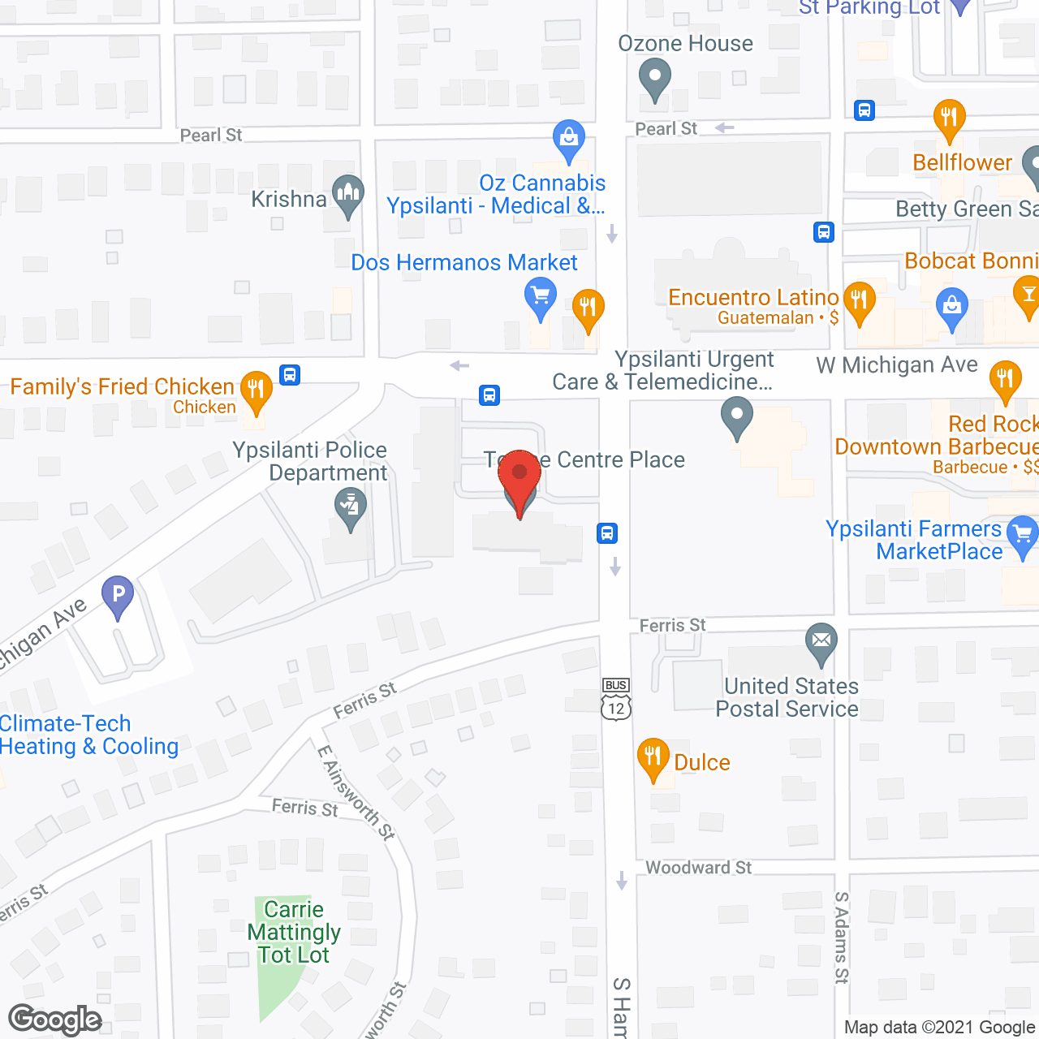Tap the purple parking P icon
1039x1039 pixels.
118,596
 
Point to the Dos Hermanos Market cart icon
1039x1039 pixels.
540,297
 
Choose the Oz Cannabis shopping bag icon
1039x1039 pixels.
569,140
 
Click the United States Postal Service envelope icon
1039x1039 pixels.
821,643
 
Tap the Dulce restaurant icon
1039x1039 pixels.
653,758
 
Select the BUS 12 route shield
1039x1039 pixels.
616,699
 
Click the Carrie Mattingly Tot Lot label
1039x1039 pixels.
294,932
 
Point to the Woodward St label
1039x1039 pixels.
698,868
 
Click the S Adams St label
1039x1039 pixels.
842,938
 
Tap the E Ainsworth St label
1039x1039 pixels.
356,792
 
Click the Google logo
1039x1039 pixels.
55,1019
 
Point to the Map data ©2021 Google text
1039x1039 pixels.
940,1027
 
